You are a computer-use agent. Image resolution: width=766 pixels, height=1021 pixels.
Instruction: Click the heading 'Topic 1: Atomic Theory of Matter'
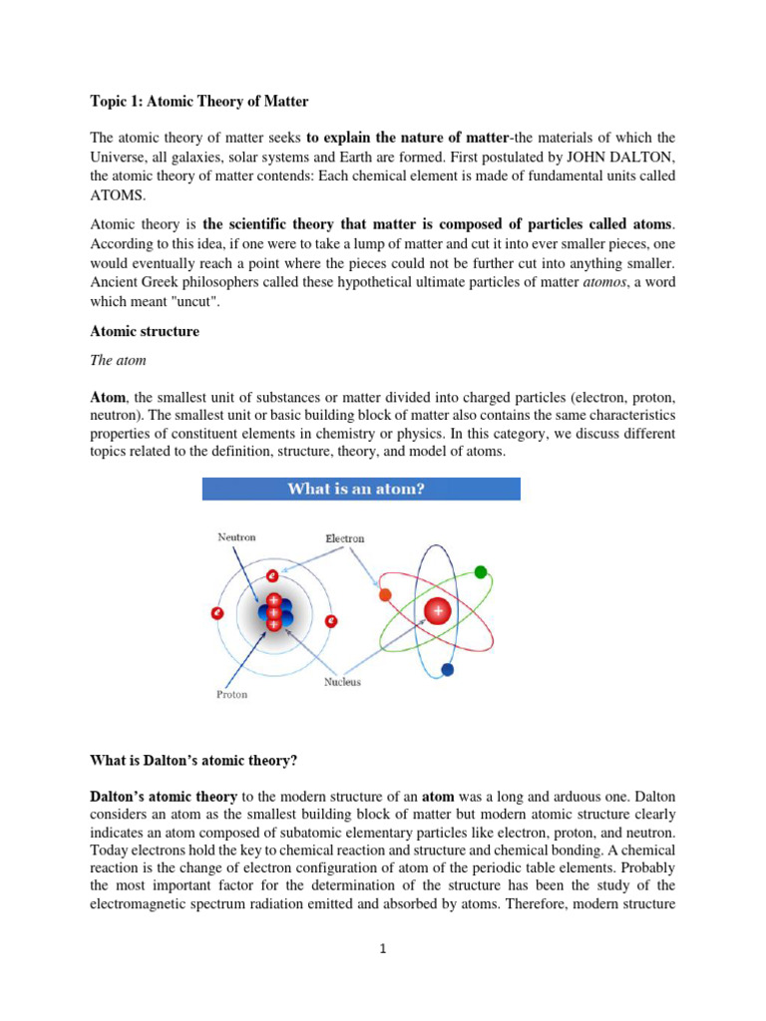coord(199,101)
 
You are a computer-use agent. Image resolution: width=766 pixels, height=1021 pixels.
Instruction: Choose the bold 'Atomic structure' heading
coord(145,332)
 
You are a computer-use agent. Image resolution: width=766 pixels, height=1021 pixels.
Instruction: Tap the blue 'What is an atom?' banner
coord(361,489)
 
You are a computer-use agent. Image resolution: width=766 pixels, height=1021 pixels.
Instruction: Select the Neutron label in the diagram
coord(237,537)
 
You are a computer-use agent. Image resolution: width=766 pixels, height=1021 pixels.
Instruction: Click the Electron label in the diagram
coord(345,538)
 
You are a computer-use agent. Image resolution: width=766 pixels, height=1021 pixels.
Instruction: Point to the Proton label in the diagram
coord(232,694)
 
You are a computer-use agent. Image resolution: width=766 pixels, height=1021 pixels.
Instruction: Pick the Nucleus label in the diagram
coord(342,682)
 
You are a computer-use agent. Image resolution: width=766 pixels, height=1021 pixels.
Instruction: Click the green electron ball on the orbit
coord(481,572)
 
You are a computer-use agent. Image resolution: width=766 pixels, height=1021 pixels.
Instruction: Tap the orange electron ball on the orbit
coord(385,595)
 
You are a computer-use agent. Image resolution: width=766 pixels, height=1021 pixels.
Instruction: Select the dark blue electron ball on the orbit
coord(447,669)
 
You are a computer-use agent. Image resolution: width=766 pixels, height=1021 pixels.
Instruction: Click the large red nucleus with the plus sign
coord(437,610)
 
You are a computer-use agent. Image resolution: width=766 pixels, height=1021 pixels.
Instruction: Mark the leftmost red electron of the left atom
coord(216,613)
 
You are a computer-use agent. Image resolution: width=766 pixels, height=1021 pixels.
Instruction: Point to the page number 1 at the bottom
coord(382,949)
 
